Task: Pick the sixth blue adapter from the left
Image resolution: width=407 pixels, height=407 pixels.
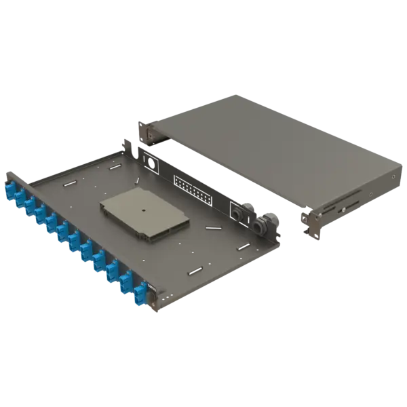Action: tap(62, 232)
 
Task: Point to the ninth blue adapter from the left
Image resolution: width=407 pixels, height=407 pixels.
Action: tap(99, 260)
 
